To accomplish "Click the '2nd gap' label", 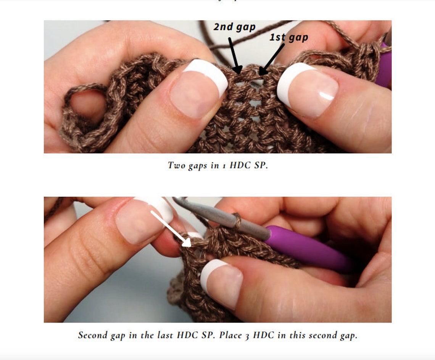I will (234, 27).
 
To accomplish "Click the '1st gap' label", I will (289, 37).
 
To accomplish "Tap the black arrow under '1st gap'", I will (272, 59).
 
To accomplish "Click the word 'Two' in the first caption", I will (176, 166).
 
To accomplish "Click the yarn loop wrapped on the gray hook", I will (237, 221).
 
